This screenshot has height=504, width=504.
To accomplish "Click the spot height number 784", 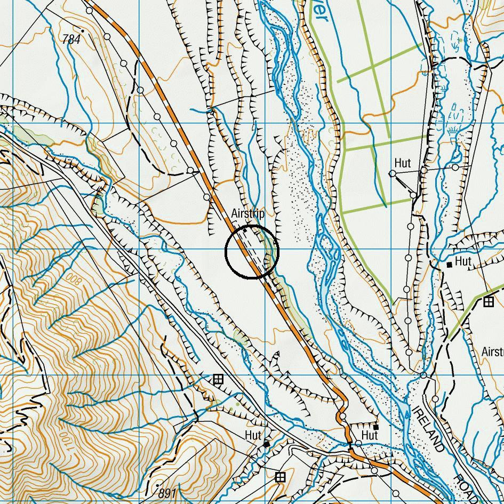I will click(x=71, y=39).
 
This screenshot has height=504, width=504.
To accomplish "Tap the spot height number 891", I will click(x=167, y=491).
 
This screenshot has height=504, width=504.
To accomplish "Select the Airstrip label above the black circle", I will click(x=247, y=213).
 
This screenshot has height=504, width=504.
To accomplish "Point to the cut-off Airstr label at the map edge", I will click(x=492, y=352).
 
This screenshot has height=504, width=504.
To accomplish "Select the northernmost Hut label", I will click(x=403, y=163).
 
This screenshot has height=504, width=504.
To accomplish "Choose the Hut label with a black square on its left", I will click(x=463, y=261).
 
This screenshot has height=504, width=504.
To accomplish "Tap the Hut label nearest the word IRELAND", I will click(x=370, y=436).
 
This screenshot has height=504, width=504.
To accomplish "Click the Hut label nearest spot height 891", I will click(x=253, y=436).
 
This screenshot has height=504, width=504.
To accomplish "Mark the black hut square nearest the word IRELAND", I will click(x=376, y=427).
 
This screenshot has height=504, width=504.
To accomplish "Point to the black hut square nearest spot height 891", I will click(x=266, y=444).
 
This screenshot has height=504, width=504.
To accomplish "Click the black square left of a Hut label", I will click(x=450, y=264).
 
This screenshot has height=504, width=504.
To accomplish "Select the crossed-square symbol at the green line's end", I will click(x=488, y=302).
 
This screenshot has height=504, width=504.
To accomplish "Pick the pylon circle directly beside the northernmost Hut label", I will click(x=393, y=173).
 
